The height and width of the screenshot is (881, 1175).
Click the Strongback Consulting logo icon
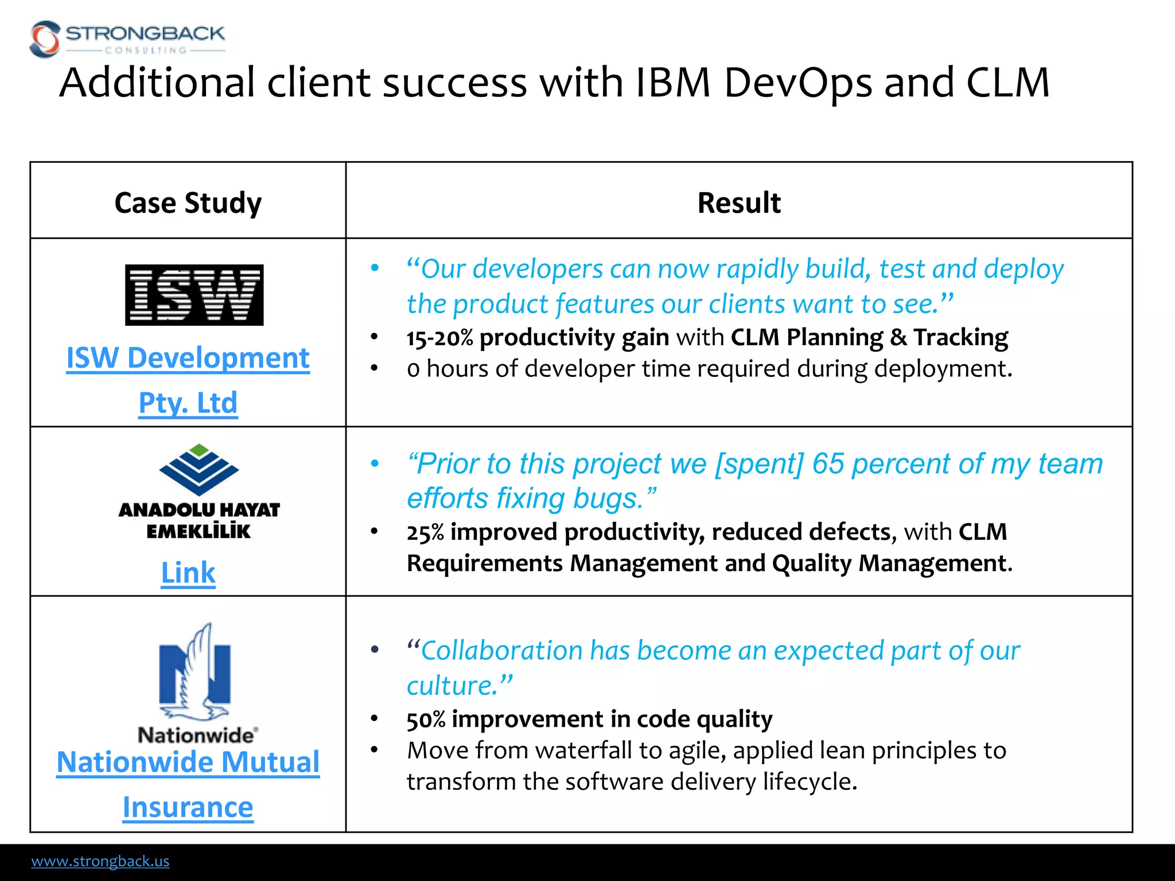(x=45, y=39)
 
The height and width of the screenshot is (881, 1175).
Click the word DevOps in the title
(x=797, y=83)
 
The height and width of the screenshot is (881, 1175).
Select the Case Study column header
(x=188, y=202)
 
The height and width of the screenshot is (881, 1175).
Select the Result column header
(x=739, y=202)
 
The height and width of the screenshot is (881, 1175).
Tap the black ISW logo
(x=194, y=295)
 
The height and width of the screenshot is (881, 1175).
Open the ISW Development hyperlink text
(x=188, y=358)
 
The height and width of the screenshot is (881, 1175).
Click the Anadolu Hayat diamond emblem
(x=199, y=469)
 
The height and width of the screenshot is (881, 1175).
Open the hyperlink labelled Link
(x=188, y=572)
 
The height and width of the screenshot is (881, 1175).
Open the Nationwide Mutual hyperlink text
(x=188, y=762)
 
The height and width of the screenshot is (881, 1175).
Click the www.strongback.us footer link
(x=100, y=861)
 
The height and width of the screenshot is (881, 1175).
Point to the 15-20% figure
(x=439, y=338)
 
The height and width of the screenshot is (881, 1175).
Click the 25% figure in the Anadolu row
(x=425, y=532)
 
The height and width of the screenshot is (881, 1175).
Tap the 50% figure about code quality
(x=426, y=719)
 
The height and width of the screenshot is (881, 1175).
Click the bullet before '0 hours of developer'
(x=374, y=368)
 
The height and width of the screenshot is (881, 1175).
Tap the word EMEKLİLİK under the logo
(x=199, y=531)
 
